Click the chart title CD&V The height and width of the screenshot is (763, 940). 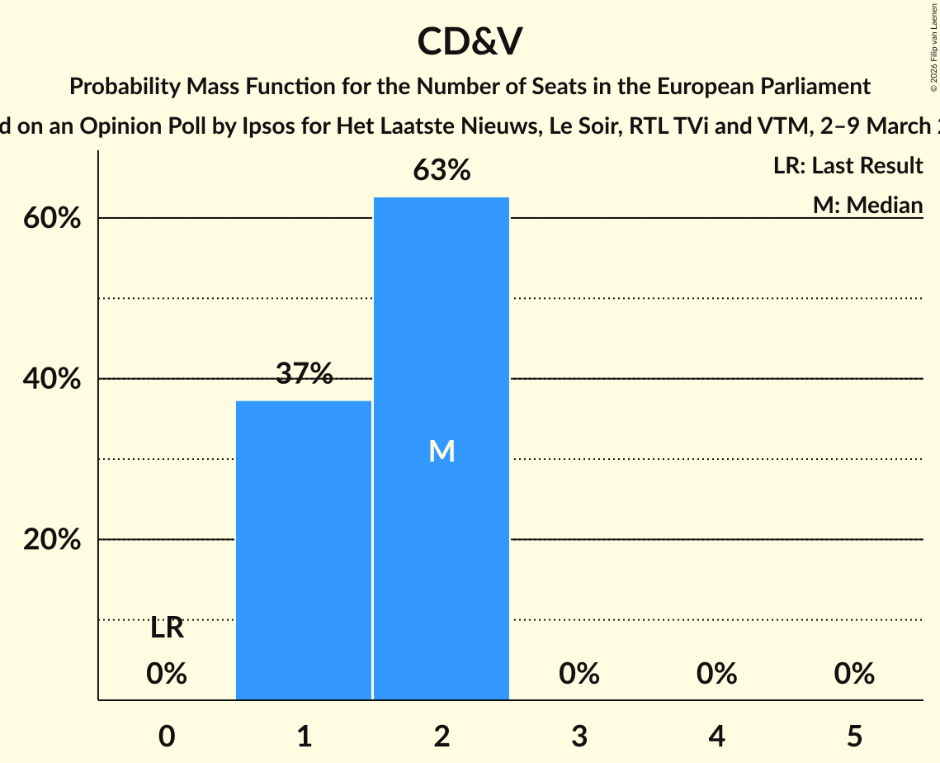[470, 41]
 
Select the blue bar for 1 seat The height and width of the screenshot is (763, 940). [304, 550]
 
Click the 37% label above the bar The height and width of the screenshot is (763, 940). [304, 374]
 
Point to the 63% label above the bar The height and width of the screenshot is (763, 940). [442, 170]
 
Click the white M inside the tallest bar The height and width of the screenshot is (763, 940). [442, 451]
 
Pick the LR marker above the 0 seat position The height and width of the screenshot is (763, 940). [167, 628]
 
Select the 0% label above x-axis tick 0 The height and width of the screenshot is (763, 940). [167, 674]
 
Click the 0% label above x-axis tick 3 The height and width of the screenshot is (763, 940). [579, 674]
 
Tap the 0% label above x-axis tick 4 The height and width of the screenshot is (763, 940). [716, 674]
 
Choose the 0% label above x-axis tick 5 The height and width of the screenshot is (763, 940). [854, 674]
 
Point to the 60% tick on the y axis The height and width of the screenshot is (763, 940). [51, 220]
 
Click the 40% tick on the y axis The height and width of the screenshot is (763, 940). [51, 380]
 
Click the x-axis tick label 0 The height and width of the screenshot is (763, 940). [167, 737]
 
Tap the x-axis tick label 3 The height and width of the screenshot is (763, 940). [579, 737]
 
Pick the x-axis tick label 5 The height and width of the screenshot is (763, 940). [854, 737]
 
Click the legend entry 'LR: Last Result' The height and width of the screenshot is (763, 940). [848, 166]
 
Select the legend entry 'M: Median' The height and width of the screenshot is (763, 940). [867, 205]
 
